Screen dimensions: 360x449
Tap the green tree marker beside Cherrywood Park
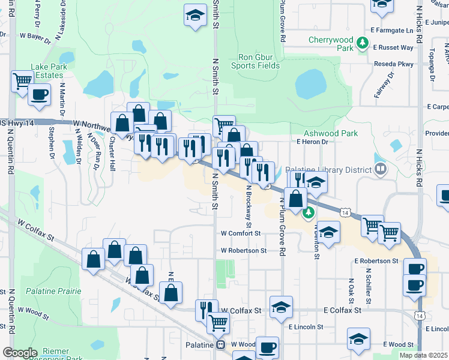point(362,43)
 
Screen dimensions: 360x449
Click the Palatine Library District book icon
point(380,170)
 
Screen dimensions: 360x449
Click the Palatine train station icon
point(221,345)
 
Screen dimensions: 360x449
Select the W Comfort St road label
point(241,233)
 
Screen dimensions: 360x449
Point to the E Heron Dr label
point(312,142)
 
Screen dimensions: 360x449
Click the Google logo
point(20,353)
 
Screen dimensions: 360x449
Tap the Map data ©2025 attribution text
point(423,355)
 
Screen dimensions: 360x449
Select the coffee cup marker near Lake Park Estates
point(40,94)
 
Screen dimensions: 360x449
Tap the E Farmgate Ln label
point(392,30)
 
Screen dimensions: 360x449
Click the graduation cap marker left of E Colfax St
point(281,307)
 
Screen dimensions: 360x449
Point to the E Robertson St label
point(376,262)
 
